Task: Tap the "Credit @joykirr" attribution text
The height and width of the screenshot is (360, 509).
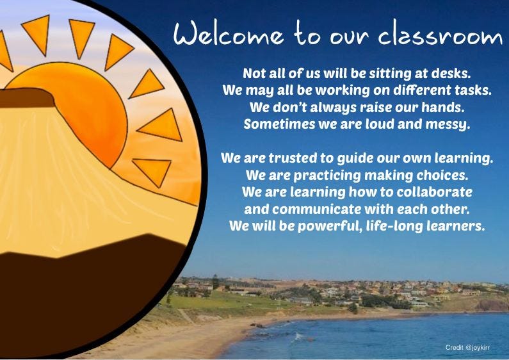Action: click(467, 347)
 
